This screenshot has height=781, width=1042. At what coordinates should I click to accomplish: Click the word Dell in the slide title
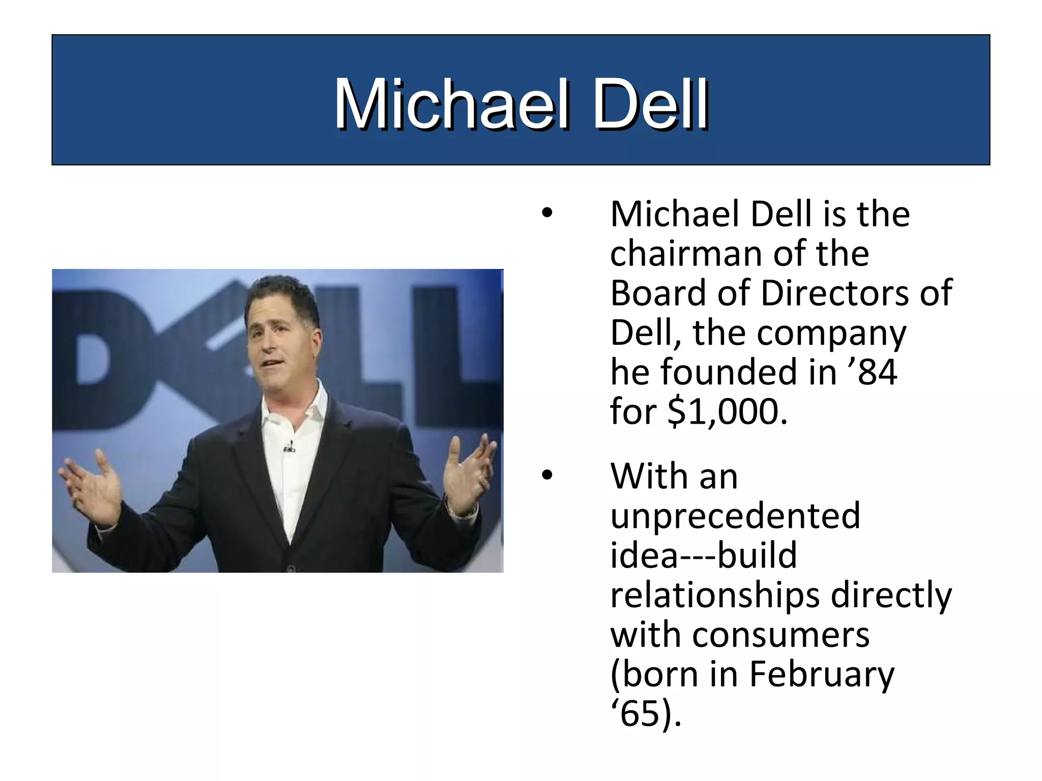tap(650, 105)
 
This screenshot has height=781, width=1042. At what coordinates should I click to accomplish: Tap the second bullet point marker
tap(546, 476)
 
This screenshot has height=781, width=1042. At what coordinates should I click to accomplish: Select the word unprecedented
tap(735, 516)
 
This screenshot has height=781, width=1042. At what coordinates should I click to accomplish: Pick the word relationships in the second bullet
tap(715, 595)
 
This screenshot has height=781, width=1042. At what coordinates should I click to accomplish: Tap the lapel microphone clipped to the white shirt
tap(290, 447)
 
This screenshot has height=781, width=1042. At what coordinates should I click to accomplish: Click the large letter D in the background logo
tap(102, 351)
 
